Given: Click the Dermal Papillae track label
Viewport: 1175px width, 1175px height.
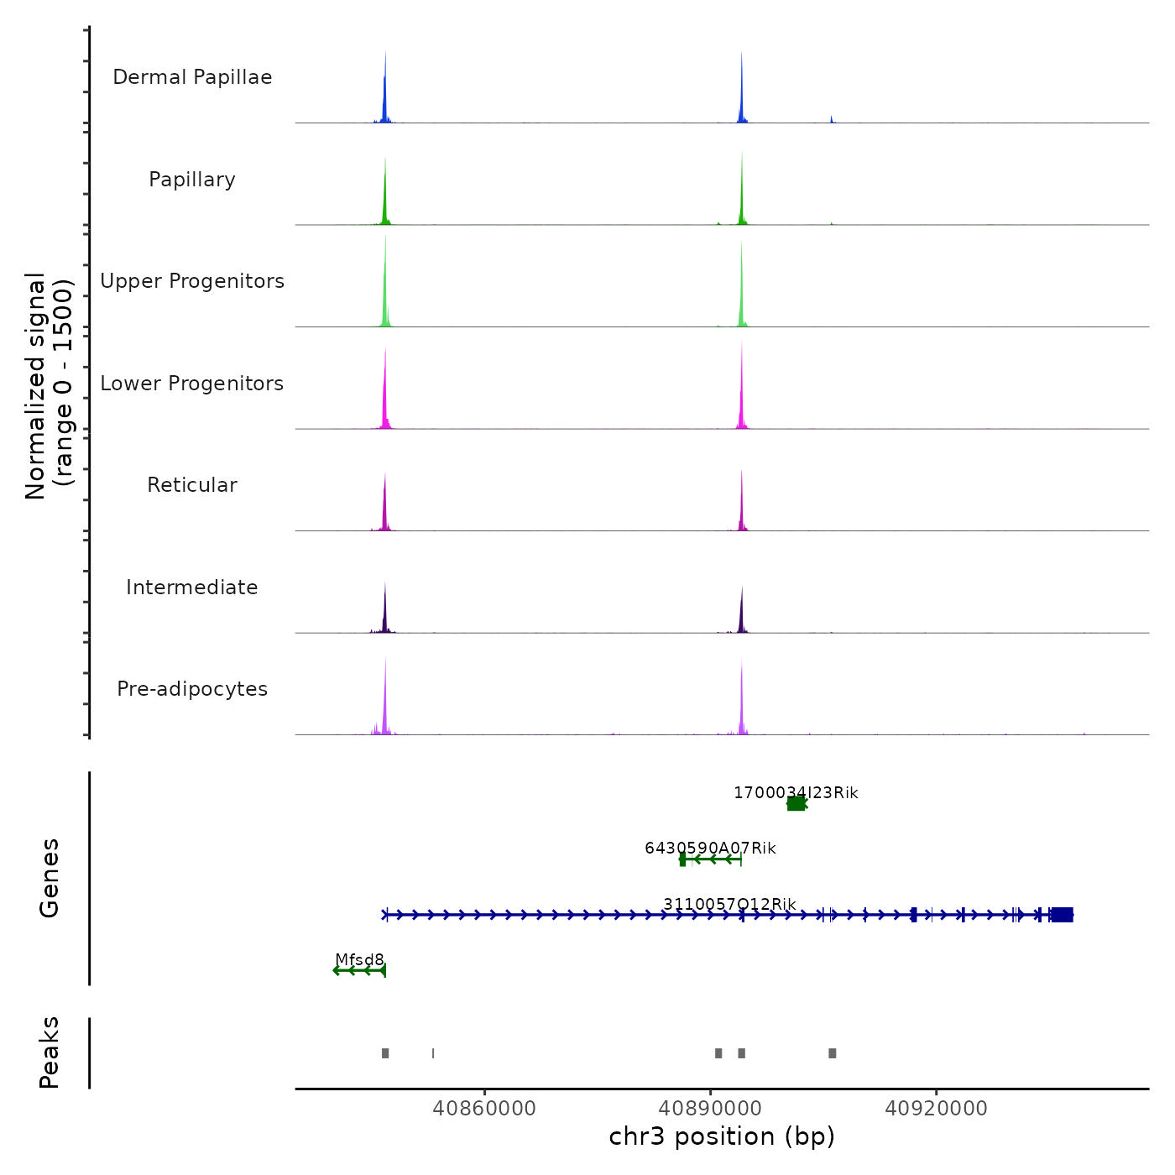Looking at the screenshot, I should (x=192, y=77).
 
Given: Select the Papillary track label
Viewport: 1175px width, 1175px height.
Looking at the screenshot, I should (x=192, y=180).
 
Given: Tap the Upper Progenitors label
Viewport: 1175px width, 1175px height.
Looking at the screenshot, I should (x=192, y=281).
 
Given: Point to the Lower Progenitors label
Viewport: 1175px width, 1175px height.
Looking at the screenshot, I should (x=192, y=384).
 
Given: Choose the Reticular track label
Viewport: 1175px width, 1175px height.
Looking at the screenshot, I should (x=192, y=485).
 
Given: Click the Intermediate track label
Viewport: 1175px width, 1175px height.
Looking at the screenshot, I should (x=192, y=587).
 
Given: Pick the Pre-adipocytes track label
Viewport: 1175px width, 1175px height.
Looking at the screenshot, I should (x=192, y=689).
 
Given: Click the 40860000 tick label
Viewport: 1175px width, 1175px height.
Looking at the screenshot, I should (x=484, y=1108).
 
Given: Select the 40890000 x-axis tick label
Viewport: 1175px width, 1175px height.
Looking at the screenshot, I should (x=710, y=1108).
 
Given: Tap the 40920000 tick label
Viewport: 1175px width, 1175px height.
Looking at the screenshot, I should (x=936, y=1108).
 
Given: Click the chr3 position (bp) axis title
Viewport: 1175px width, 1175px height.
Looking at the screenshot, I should (x=722, y=1136).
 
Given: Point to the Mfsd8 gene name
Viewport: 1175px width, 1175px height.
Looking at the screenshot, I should (x=359, y=959).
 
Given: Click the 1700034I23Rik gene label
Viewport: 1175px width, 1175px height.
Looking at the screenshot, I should (x=796, y=793).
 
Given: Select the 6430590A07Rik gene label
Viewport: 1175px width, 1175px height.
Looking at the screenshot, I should (x=710, y=849).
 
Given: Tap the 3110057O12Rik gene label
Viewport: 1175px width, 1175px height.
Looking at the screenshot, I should (x=729, y=904).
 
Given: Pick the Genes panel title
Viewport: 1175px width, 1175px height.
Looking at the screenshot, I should (x=49, y=878).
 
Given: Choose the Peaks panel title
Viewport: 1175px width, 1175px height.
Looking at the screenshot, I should (x=49, y=1052).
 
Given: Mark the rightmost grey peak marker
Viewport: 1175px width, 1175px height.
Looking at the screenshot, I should (x=832, y=1053).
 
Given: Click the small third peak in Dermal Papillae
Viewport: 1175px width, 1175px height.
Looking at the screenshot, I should (x=832, y=119).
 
